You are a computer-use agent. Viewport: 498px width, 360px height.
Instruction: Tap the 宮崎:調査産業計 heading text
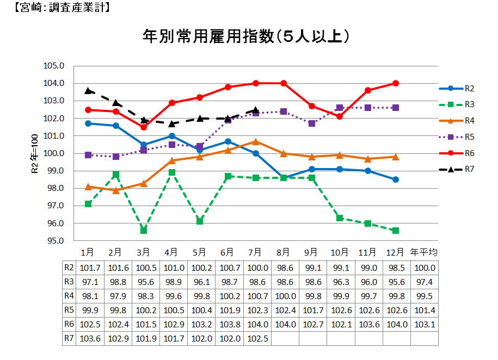pos(60,8)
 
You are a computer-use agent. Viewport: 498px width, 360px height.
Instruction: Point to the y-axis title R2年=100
pos(34,154)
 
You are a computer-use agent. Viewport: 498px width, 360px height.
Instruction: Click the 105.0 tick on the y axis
pos(54,66)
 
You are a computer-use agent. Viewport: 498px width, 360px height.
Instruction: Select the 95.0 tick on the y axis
pos(54,241)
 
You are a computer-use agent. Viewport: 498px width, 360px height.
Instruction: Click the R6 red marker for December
pos(396,83)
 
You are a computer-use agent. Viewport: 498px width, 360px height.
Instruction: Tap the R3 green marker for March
pos(144,231)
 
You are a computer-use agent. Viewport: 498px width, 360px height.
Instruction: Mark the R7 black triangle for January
pos(88,91)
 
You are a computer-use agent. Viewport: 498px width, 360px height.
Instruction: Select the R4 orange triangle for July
pos(256,141)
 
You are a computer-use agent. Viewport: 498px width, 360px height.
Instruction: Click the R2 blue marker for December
pos(396,179)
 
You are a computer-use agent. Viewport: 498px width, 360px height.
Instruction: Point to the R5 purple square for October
pos(340,108)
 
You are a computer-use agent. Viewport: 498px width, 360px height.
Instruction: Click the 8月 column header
pos(284,252)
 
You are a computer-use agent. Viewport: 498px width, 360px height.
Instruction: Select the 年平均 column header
pos(423,252)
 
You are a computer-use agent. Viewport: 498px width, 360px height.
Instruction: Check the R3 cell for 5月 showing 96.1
pos(200,282)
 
